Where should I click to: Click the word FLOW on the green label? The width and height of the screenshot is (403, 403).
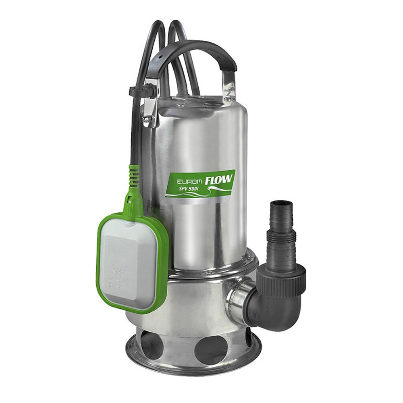tap(219, 180)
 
